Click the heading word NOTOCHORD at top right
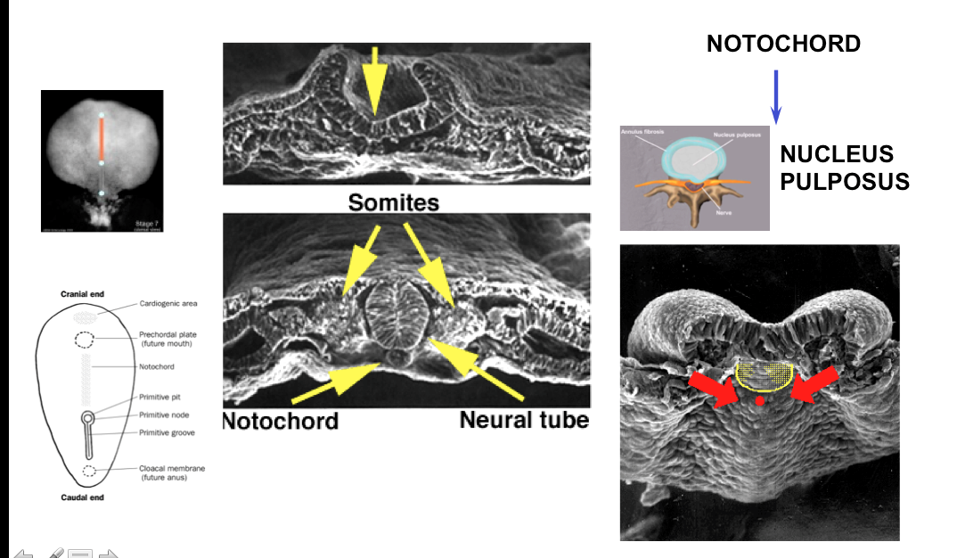(783, 43)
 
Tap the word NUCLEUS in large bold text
(836, 154)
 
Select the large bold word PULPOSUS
(845, 182)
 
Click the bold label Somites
(393, 203)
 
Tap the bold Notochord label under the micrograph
(280, 420)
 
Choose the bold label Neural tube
(524, 419)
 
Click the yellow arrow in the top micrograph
(375, 79)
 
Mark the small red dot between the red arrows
(759, 402)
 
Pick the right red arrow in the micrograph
(814, 386)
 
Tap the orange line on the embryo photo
(102, 139)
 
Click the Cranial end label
(85, 293)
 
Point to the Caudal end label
(82, 497)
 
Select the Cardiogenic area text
(168, 304)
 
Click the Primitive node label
(167, 414)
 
